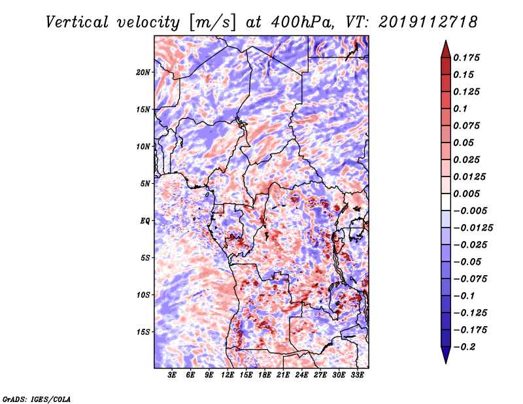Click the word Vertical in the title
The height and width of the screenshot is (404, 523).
pyautogui.click(x=77, y=22)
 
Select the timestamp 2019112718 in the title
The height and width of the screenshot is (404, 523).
pyautogui.click(x=428, y=22)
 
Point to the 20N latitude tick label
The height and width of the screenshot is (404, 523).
pyautogui.click(x=143, y=73)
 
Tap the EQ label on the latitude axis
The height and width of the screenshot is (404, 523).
pyautogui.click(x=144, y=221)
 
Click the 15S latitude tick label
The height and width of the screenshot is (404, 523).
pyautogui.click(x=143, y=332)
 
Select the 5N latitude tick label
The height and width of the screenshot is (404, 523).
pyautogui.click(x=144, y=184)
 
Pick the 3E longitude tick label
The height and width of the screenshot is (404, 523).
pyautogui.click(x=172, y=375)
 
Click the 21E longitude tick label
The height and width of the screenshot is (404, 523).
pyautogui.click(x=283, y=375)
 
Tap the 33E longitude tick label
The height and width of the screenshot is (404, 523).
pyautogui.click(x=357, y=375)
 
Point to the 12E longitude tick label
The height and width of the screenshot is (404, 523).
pyautogui.click(x=228, y=375)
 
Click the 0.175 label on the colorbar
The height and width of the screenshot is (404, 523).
pyautogui.click(x=466, y=58)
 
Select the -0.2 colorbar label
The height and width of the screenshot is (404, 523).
pyautogui.click(x=464, y=347)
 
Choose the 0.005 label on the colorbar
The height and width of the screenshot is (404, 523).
pyautogui.click(x=466, y=194)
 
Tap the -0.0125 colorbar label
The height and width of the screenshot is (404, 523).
pyautogui.click(x=473, y=228)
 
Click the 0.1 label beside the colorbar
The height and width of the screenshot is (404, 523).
pyautogui.click(x=460, y=109)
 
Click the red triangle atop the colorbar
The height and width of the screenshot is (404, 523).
pyautogui.click(x=446, y=50)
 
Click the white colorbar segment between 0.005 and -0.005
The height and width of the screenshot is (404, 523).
pyautogui.click(x=446, y=202)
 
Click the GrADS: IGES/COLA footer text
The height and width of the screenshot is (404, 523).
pyautogui.click(x=37, y=399)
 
